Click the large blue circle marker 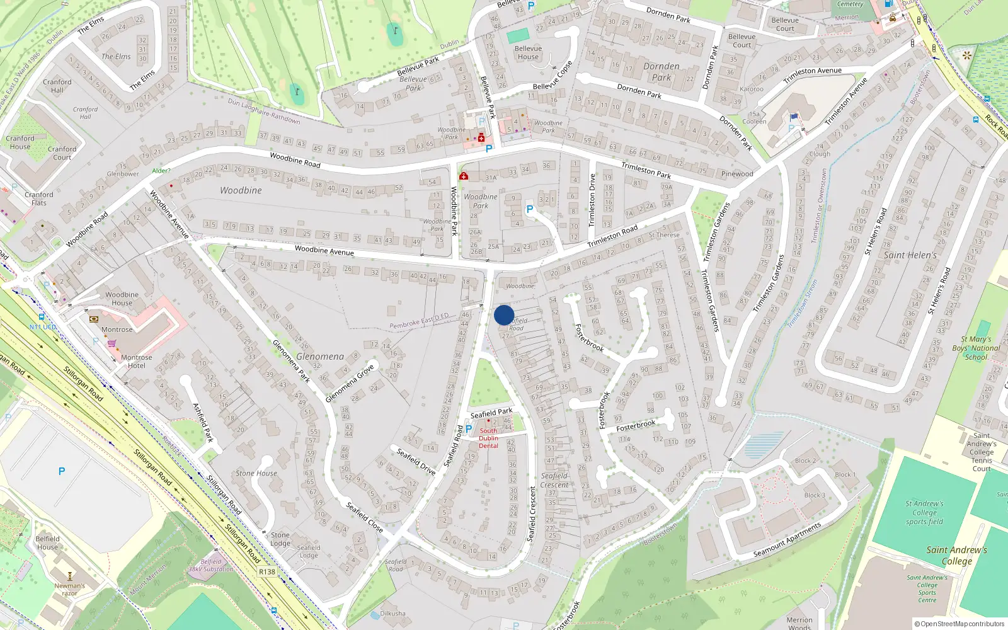click(x=504, y=315)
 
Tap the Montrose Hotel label click(x=137, y=362)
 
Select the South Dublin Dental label click(x=488, y=438)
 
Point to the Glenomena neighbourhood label click(x=320, y=357)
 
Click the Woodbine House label click(x=122, y=299)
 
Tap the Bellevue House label click(x=528, y=52)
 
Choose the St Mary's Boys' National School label click(x=976, y=348)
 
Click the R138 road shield click(x=267, y=572)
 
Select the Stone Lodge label click(x=280, y=539)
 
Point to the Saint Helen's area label click(x=910, y=255)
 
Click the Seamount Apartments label click(x=787, y=540)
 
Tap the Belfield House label click(x=47, y=542)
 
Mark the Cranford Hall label click(x=57, y=86)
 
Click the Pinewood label click(x=737, y=174)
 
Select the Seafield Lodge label click(x=309, y=551)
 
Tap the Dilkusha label click(x=392, y=613)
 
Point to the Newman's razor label click(x=69, y=589)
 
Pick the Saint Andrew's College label click(x=956, y=555)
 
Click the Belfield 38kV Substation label click(x=211, y=565)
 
